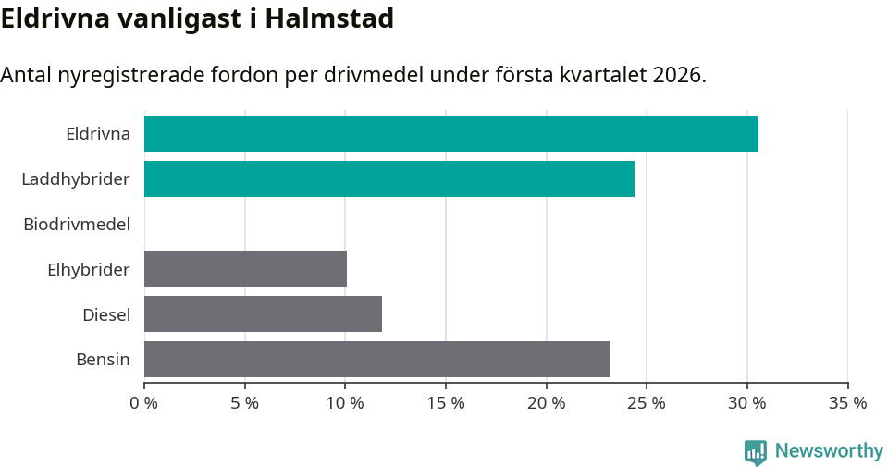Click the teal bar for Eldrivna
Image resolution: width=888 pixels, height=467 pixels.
click(450, 133)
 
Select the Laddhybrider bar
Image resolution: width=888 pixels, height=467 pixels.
click(388, 178)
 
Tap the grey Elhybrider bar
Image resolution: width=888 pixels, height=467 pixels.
click(245, 268)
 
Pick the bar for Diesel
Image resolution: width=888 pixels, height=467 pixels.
click(263, 313)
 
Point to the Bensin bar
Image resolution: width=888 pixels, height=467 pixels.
click(376, 359)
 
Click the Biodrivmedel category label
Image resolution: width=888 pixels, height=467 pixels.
click(77, 224)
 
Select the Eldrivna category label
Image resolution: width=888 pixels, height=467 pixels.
click(98, 133)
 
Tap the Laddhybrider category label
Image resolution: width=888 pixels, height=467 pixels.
click(76, 178)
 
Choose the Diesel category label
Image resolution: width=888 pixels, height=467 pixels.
click(106, 314)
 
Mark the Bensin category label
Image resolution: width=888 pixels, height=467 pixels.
click(103, 360)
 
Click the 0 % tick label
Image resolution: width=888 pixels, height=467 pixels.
click(144, 403)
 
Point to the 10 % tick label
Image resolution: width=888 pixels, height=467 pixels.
click(345, 403)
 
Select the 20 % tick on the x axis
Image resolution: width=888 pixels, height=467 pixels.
click(546, 403)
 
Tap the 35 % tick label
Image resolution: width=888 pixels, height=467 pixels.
click(847, 403)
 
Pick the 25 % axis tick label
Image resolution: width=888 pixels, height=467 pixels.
click(647, 403)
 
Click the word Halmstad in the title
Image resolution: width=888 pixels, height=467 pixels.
click(329, 18)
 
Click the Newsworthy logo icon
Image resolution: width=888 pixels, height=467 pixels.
click(756, 451)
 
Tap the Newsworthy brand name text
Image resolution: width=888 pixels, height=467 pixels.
click(829, 451)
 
